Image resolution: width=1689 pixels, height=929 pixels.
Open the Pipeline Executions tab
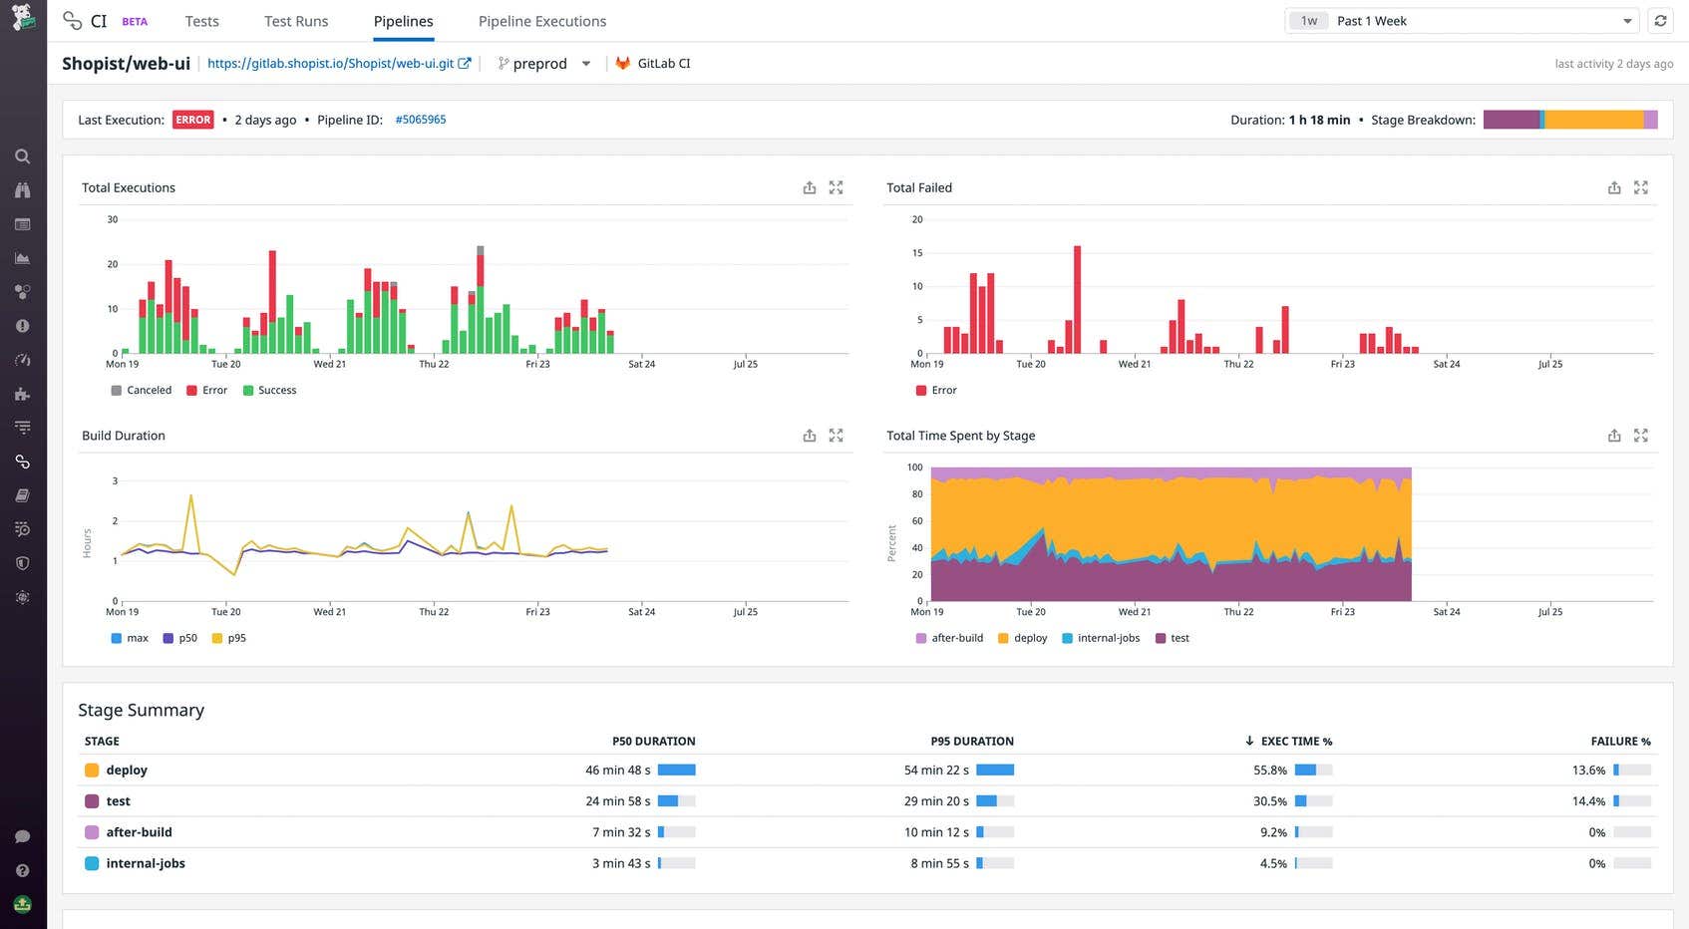[541, 21]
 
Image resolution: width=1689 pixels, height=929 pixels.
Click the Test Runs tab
[295, 21]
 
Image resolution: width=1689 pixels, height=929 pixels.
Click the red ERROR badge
[192, 120]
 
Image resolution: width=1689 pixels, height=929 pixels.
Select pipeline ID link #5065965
[420, 120]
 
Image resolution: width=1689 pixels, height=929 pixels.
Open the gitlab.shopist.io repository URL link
[338, 63]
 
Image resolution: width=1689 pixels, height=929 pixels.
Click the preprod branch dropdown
[543, 63]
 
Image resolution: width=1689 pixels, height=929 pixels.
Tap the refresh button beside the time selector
[1660, 21]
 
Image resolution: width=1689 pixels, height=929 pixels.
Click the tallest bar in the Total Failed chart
[1077, 299]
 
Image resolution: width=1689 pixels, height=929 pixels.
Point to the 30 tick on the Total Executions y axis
[113, 219]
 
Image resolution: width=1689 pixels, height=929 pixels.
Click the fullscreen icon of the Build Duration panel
[836, 436]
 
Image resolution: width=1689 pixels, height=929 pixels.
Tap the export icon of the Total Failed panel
[1613, 187]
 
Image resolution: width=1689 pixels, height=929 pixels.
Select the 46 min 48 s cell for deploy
[617, 771]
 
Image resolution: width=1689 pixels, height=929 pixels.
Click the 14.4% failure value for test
[1587, 801]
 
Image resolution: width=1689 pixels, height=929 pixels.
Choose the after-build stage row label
[139, 832]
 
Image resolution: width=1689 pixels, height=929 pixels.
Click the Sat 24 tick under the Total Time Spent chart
[1446, 612]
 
